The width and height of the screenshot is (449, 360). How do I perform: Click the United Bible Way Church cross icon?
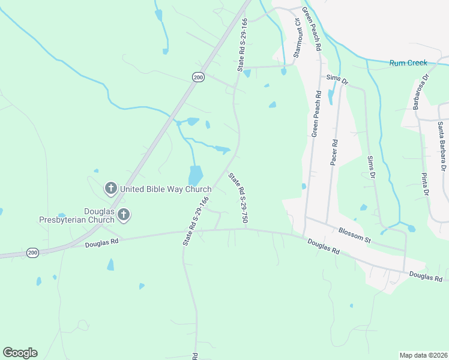click(x=110, y=189)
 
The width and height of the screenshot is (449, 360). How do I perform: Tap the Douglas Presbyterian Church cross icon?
click(x=124, y=214)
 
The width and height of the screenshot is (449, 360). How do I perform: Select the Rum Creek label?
click(x=408, y=62)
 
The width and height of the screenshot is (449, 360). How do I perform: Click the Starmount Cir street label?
click(x=297, y=37)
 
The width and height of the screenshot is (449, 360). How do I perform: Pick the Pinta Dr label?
click(x=425, y=184)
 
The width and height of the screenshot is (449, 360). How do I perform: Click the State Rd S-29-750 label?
click(x=238, y=198)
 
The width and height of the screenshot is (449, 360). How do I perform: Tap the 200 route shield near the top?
click(x=199, y=77)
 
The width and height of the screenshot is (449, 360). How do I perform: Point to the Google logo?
click(x=20, y=353)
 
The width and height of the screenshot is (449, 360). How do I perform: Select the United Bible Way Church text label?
click(x=166, y=190)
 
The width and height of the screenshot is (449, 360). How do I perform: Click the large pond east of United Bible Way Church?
click(x=196, y=176)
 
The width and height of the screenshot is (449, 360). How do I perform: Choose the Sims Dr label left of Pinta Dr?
click(x=370, y=167)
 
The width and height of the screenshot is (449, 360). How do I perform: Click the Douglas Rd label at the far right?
click(x=426, y=277)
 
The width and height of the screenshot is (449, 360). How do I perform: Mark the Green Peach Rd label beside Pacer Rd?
click(x=316, y=114)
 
